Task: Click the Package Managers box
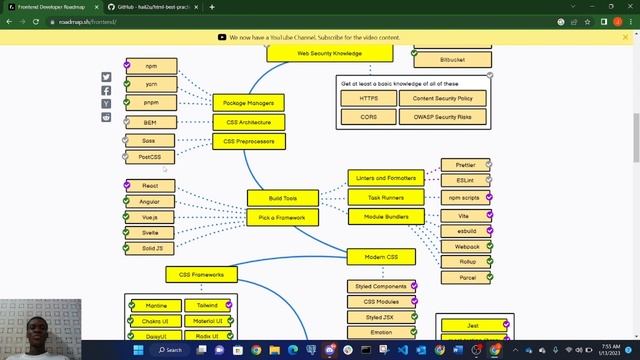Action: click(249, 102)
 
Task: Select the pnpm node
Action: click(151, 102)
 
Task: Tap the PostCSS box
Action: click(151, 157)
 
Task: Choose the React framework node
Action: click(150, 186)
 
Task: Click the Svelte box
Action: click(150, 232)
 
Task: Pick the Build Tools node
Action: click(283, 198)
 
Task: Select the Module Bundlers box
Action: click(386, 216)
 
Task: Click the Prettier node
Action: click(465, 165)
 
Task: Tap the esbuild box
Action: click(467, 231)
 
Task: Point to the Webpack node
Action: click(467, 246)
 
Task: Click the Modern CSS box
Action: click(381, 257)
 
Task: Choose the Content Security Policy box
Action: click(442, 98)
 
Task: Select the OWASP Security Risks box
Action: click(442, 117)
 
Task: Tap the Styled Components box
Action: click(381, 287)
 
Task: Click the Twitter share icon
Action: click(107, 77)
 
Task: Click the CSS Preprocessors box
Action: click(249, 141)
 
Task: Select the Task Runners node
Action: click(386, 197)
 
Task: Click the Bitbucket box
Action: click(452, 60)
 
